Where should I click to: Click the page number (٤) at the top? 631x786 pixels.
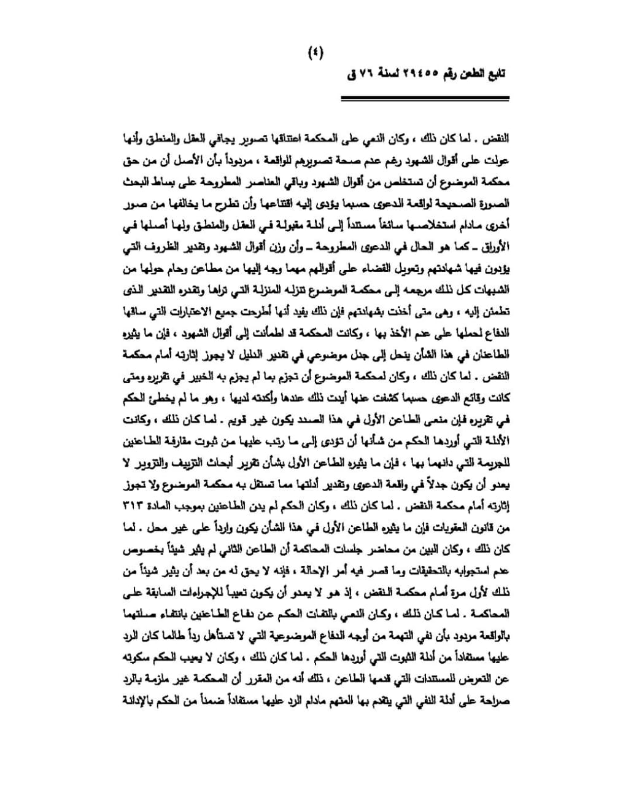(315, 53)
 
